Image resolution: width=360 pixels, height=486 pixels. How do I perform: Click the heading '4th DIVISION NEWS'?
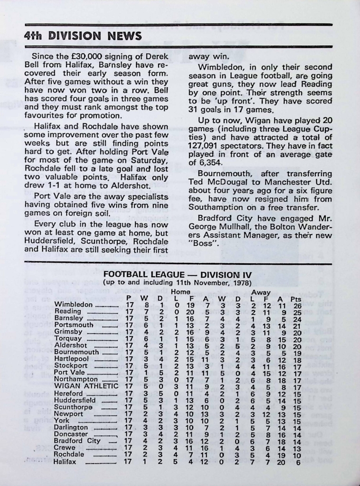coord(83,36)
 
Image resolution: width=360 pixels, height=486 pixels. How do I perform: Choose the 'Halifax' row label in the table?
coord(66,461)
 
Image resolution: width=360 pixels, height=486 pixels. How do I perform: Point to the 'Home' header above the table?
coord(180,291)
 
